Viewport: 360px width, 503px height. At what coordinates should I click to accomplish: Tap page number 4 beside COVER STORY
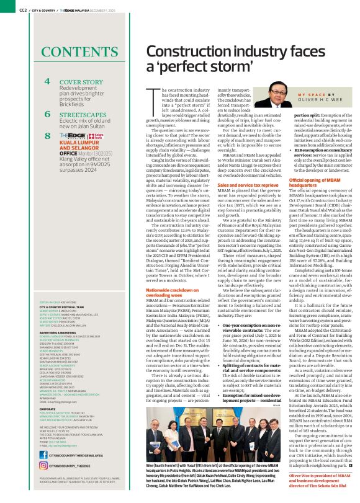tap(47, 82)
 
